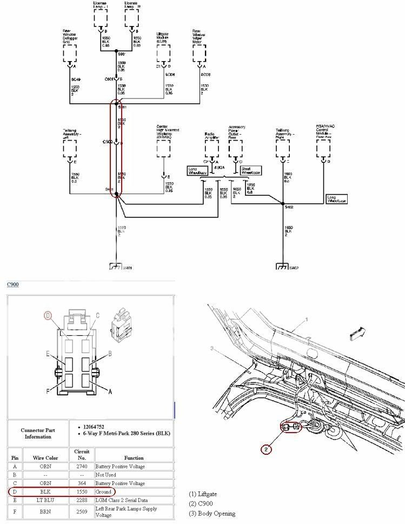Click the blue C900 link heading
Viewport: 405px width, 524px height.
[x=13, y=284]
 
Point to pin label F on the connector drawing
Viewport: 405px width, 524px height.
[x=48, y=391]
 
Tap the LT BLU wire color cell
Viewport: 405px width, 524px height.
[x=45, y=501]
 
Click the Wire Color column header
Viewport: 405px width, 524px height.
[x=45, y=457]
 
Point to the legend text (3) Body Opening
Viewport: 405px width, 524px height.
[x=212, y=513]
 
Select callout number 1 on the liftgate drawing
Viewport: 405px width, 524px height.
[x=307, y=320]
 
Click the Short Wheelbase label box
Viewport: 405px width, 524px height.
[x=251, y=170]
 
